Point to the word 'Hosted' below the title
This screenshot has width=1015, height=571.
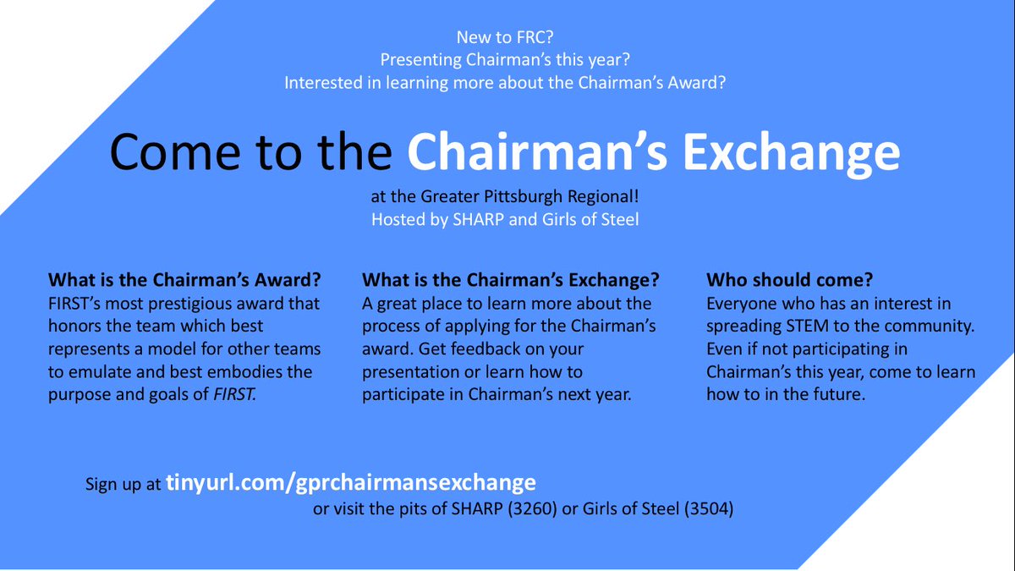pyautogui.click(x=398, y=218)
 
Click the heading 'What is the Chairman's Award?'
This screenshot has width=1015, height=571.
pyautogui.click(x=189, y=279)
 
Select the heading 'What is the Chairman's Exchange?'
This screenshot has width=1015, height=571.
pyautogui.click(x=511, y=279)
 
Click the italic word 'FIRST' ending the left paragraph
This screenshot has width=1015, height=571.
pyautogui.click(x=233, y=394)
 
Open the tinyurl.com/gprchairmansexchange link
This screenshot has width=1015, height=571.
pyautogui.click(x=351, y=482)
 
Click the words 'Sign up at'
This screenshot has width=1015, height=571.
pyautogui.click(x=123, y=485)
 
